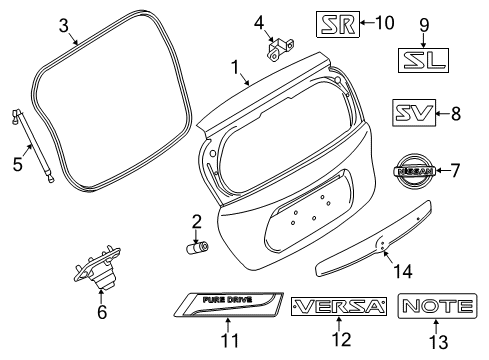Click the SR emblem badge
(338, 21)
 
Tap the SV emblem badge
(413, 115)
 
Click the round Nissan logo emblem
(410, 172)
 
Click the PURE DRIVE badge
(228, 305)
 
